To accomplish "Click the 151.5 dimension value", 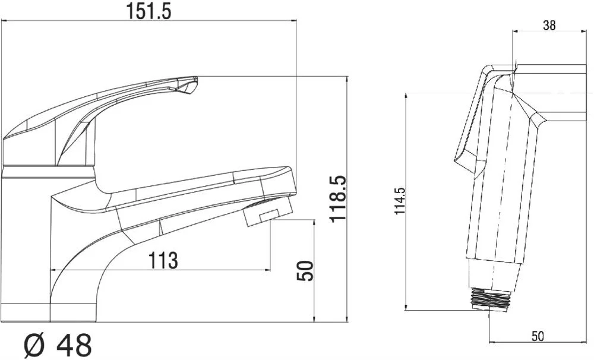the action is click(148, 12).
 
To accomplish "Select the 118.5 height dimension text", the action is click(338, 198).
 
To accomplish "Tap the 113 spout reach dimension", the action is click(163, 260).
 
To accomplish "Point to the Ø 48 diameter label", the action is click(58, 345).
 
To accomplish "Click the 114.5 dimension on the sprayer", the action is click(400, 201).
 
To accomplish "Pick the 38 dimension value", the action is click(549, 26).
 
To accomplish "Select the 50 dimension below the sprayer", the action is click(538, 336).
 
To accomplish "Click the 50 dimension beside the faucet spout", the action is click(305, 270).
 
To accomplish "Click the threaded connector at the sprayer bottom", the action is click(491, 299).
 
